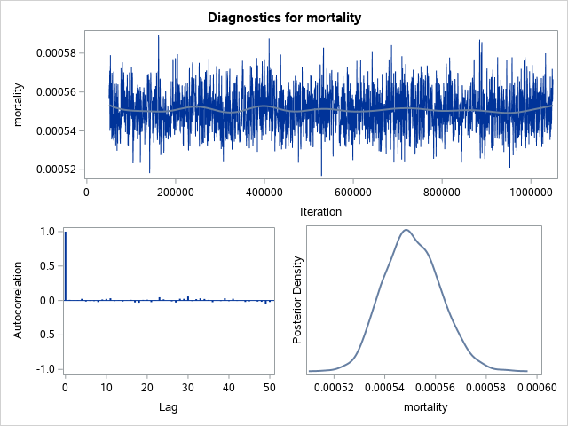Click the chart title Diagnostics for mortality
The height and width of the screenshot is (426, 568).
284,18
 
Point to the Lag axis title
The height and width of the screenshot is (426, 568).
170,407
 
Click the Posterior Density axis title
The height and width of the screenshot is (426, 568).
298,300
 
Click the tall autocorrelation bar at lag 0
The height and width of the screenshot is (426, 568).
66,266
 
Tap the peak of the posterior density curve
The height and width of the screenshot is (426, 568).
406,230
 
